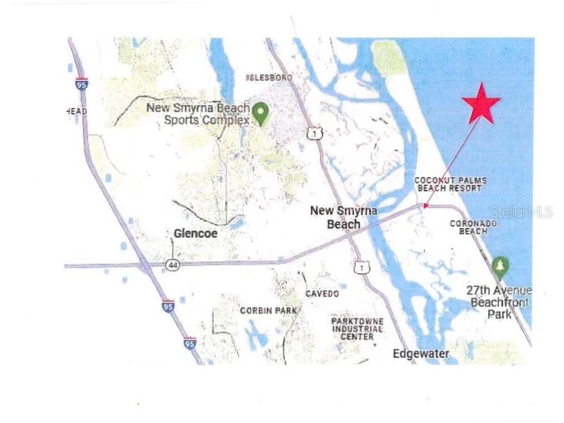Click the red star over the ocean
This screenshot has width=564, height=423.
(481, 104)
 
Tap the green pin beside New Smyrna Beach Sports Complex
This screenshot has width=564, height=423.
(260, 113)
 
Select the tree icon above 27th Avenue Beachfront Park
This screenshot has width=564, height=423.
(500, 266)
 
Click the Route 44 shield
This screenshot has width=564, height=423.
(173, 265)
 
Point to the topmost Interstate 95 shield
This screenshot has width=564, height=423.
(82, 84)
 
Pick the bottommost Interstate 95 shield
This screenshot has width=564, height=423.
(189, 342)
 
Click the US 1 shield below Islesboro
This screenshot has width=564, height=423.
(315, 133)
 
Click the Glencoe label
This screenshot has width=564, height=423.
(195, 234)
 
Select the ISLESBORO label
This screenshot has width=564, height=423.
(270, 78)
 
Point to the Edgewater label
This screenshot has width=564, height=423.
(421, 354)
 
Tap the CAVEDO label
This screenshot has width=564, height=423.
(322, 294)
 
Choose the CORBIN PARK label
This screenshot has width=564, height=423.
(268, 310)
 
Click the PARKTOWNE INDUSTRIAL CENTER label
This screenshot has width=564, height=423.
(357, 328)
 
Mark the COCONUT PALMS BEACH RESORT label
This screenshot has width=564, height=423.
(451, 185)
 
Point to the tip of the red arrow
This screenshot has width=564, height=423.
(424, 207)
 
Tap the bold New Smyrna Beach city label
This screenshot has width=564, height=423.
(344, 217)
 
